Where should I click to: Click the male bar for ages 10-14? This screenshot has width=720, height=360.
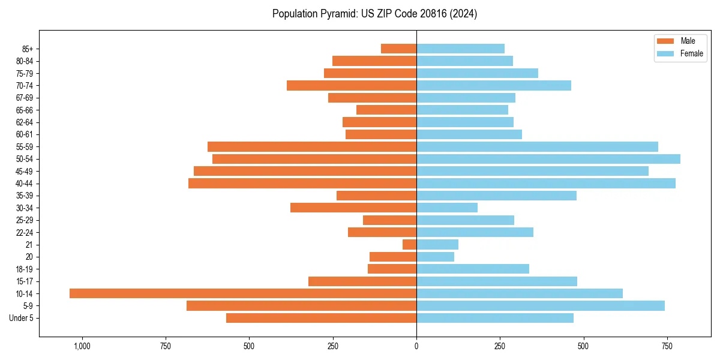243,293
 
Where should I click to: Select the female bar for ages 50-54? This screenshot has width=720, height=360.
548,159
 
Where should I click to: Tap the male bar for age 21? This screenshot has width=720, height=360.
409,244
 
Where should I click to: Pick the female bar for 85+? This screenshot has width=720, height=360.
460,49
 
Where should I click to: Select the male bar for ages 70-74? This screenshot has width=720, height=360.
352,85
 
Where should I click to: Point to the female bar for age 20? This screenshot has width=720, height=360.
435,257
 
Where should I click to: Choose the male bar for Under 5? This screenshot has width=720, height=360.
321,318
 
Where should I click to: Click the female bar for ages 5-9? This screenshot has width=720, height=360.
541,305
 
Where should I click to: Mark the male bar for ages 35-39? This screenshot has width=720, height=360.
376,196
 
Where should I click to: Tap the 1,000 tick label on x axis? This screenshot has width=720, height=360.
82,346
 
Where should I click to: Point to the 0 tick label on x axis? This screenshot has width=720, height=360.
416,346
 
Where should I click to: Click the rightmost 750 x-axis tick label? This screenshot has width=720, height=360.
667,346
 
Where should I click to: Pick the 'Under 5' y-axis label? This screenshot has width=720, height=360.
21,318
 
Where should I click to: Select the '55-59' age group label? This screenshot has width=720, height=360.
25,146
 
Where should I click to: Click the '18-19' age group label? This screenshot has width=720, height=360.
25,269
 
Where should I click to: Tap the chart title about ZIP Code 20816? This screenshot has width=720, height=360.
374,14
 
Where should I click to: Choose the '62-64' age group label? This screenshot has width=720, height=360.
25,122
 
